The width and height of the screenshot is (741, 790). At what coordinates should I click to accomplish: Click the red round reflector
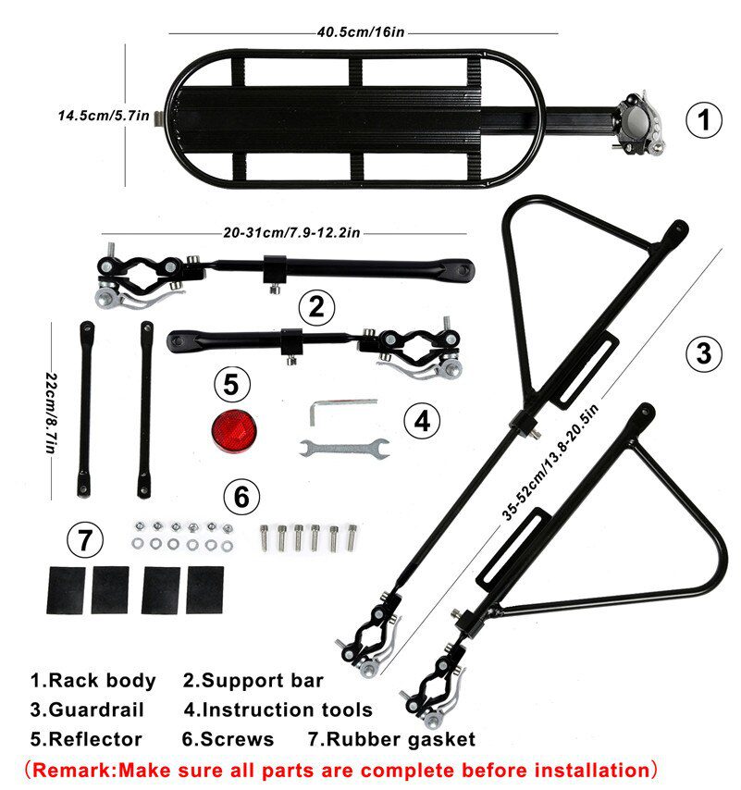tap(234, 431)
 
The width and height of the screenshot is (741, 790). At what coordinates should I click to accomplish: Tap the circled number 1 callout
tap(704, 120)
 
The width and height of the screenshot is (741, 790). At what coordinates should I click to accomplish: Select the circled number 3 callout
tap(704, 353)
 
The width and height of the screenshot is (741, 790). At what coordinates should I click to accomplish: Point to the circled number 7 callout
tap(85, 540)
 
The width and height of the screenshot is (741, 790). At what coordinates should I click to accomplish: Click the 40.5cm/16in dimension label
tap(361, 32)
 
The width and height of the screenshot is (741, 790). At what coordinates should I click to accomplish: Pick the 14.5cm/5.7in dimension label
tap(104, 116)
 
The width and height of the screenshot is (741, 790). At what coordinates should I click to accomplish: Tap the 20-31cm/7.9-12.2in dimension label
tap(291, 232)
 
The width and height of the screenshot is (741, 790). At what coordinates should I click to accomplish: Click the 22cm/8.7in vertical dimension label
tap(52, 414)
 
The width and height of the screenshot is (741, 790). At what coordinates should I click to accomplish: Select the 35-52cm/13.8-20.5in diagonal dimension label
tap(550, 462)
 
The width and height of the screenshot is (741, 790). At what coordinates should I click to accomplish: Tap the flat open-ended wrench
tap(344, 448)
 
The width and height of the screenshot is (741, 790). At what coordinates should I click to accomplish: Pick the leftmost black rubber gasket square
tap(66, 590)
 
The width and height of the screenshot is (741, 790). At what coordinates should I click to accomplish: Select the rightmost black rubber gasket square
tap(205, 589)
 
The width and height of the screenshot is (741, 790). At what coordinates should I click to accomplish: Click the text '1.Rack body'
tap(93, 680)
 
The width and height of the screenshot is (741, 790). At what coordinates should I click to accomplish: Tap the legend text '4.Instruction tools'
tap(278, 710)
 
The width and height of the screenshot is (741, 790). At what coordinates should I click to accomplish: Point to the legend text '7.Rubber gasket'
tap(392, 739)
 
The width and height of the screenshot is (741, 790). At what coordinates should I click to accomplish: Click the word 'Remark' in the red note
tap(75, 771)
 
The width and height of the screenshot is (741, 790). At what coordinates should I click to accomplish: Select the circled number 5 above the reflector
tap(231, 385)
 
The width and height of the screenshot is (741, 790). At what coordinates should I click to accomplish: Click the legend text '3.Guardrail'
tap(87, 710)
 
